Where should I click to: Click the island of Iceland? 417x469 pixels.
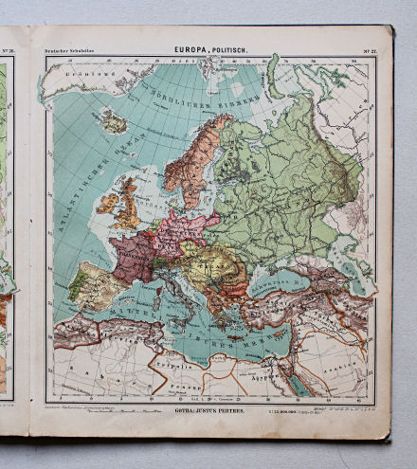(x=115, y=121)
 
